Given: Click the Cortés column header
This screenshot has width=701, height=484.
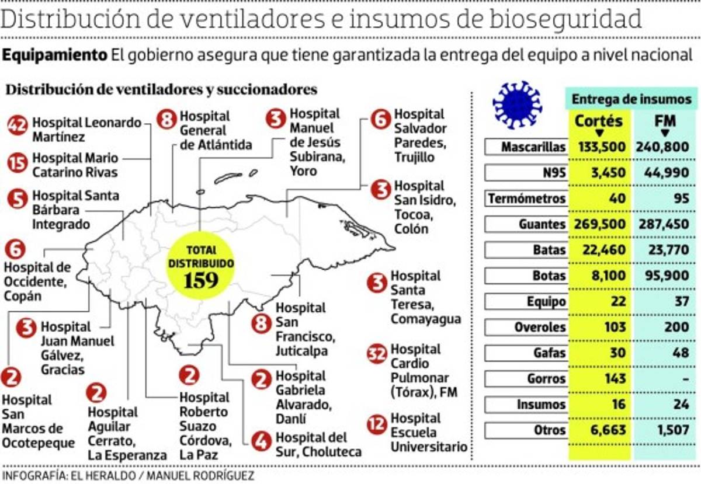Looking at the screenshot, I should (598, 122).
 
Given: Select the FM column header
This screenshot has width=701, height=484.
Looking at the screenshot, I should (665, 122).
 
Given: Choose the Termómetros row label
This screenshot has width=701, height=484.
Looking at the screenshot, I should (526, 199).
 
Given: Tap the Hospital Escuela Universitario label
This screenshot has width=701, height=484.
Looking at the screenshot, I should (429, 433).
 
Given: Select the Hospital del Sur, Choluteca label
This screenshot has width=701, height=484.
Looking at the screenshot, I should (318, 444).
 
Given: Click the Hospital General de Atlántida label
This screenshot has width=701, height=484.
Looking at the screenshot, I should (216, 130).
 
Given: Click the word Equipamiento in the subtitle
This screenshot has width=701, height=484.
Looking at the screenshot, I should (55, 55).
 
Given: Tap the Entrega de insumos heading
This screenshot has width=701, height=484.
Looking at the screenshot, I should (631, 99).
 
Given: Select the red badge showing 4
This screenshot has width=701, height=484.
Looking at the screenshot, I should (261, 439).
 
